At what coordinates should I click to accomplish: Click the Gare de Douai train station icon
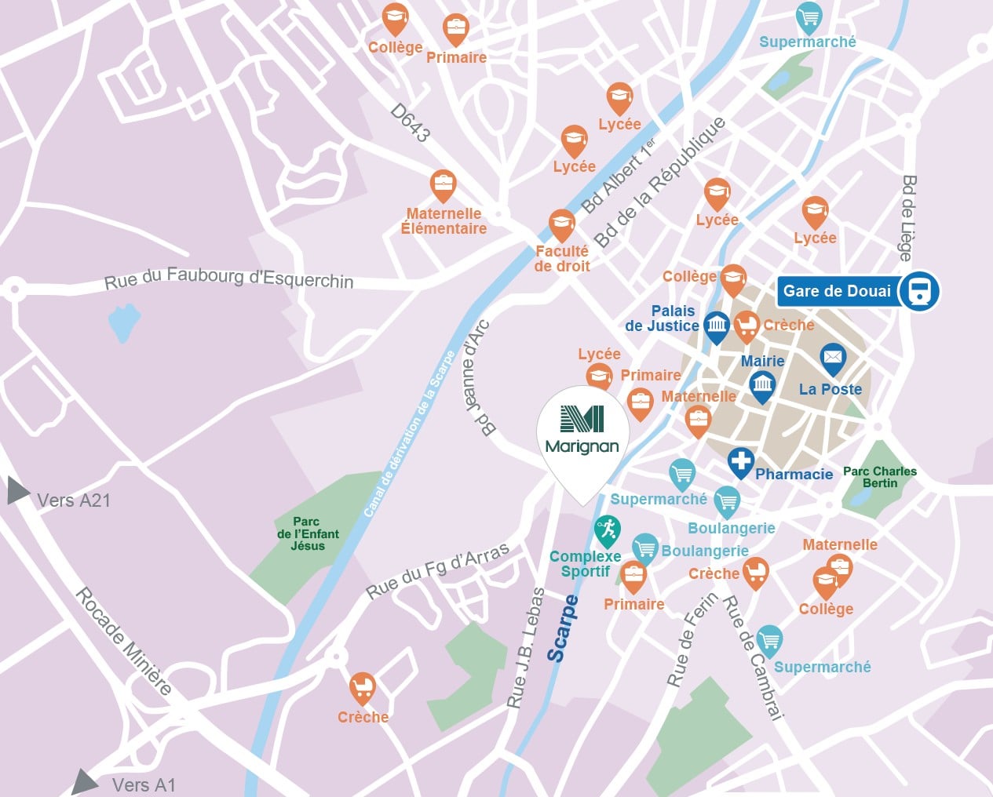(918, 291)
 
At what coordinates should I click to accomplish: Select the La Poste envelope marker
(832, 358)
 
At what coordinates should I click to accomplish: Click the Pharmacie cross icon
(740, 461)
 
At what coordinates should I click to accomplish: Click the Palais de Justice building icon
(716, 325)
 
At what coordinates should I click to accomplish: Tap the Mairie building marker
(761, 385)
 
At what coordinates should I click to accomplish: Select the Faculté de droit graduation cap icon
(561, 224)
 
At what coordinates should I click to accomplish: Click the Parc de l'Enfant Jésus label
(308, 533)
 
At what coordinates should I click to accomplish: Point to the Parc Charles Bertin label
(879, 477)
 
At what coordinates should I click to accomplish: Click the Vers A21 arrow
(17, 491)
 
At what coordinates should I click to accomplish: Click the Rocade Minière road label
(123, 641)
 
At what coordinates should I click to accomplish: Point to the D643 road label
(411, 123)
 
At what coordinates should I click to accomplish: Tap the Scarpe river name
(562, 628)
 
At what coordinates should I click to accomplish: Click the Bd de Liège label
(907, 217)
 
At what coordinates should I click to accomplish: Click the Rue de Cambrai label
(752, 657)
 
